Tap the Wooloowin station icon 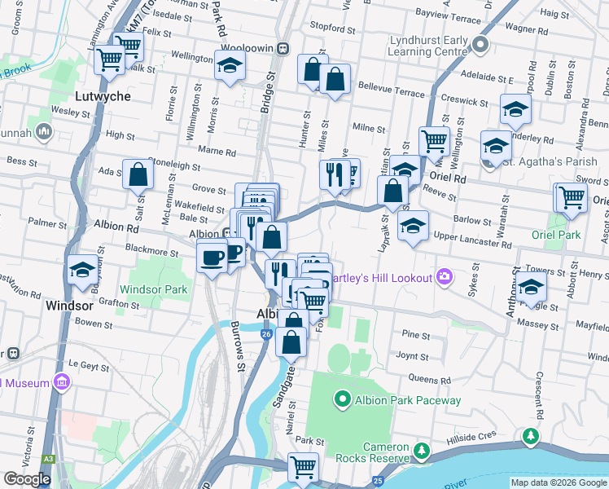click(x=282, y=48)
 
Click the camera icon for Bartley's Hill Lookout click(x=444, y=277)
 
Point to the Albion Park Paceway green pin click(x=342, y=399)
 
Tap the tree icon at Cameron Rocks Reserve click(x=421, y=451)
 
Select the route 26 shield click(x=266, y=335)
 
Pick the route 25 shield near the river click(x=378, y=481)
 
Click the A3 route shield click(x=49, y=460)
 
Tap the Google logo click(x=27, y=479)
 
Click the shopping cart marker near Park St click(x=303, y=468)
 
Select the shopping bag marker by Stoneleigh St click(x=138, y=174)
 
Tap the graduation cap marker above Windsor click(x=82, y=269)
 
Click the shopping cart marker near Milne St click(x=434, y=141)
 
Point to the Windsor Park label click(x=154, y=289)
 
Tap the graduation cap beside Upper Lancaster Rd click(x=414, y=225)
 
